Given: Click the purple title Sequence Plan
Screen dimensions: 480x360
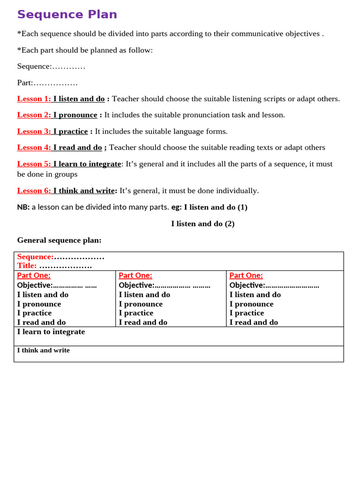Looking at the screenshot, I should coord(67,15).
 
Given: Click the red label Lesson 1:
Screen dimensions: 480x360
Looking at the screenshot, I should coord(34,99).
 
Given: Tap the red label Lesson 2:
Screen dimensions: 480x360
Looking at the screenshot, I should coord(34,115).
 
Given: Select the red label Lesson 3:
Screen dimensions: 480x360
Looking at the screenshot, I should coord(34,131).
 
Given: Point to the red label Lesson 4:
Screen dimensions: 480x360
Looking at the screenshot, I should coord(34,147).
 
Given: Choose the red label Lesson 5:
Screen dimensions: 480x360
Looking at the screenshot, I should coord(34,164).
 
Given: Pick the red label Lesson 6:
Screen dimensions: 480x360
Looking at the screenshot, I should coord(34,190).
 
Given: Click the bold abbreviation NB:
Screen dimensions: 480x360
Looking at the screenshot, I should coord(23,207).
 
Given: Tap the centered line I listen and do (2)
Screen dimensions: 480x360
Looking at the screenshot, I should coord(202,224).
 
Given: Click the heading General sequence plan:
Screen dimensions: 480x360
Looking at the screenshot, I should coord(59,240).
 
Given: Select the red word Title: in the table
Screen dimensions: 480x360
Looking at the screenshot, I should coord(27,266).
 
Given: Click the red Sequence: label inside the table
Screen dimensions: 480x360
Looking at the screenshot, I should coord(35,257).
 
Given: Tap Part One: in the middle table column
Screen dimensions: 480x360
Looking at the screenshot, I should coord(135,276).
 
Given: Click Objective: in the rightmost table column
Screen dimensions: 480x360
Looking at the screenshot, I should coord(247,285).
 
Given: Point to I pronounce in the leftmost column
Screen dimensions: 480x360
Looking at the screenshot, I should coord(39,304).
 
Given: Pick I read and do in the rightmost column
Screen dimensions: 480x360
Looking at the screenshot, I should coord(254,322).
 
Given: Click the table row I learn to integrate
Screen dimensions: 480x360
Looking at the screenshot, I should coord(51,331).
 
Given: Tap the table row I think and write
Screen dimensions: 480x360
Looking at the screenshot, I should coord(43,350).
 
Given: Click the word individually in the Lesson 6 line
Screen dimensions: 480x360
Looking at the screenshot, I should coord(237,190).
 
